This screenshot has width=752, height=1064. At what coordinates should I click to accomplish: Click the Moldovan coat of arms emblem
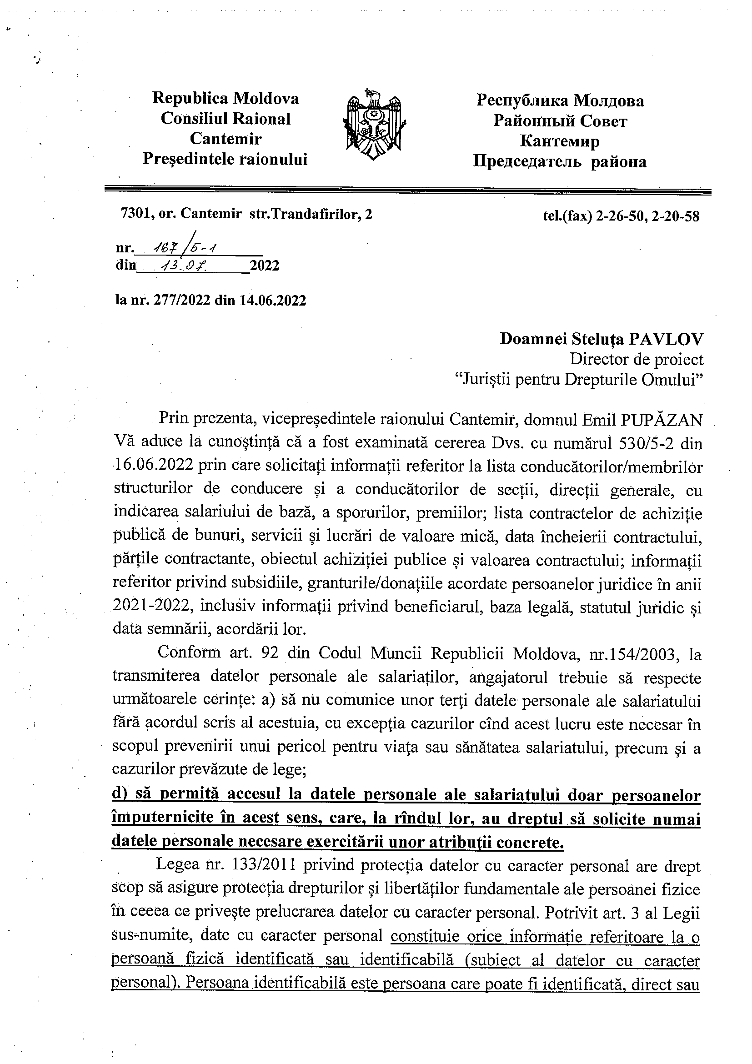(375, 124)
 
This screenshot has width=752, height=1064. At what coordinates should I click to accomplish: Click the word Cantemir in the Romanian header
(226, 139)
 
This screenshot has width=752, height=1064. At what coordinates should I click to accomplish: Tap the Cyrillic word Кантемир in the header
(560, 141)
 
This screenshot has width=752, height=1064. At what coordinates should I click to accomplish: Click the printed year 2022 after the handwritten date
(265, 266)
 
